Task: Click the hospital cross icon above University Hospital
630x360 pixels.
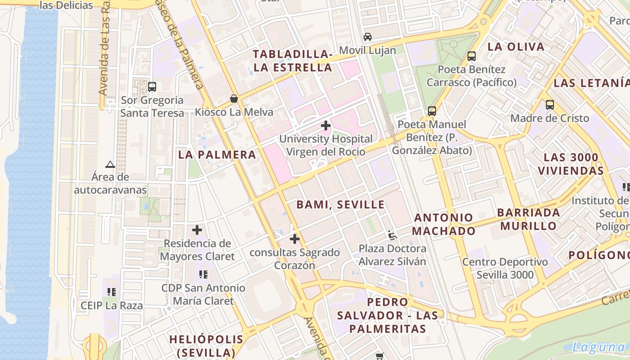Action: pyautogui.click(x=326, y=126)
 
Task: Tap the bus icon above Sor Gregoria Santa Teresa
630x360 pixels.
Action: pyautogui.click(x=152, y=87)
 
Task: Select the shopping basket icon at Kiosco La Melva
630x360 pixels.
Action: pyautogui.click(x=234, y=99)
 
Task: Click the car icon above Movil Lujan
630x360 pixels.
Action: pyautogui.click(x=368, y=37)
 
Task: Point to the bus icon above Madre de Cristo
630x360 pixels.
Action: pyautogui.click(x=549, y=105)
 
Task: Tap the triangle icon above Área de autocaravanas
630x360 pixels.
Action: pyautogui.click(x=110, y=164)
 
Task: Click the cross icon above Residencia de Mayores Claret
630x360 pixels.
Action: pyautogui.click(x=197, y=230)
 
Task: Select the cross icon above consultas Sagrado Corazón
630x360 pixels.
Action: pyautogui.click(x=295, y=239)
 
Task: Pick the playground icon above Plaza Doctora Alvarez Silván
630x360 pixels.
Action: pyautogui.click(x=392, y=235)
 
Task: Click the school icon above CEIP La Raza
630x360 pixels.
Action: pyautogui.click(x=112, y=292)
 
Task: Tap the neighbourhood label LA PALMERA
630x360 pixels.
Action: pyautogui.click(x=217, y=155)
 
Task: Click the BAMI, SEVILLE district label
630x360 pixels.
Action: pyautogui.click(x=340, y=205)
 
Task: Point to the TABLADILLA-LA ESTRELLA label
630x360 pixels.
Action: pyautogui.click(x=292, y=61)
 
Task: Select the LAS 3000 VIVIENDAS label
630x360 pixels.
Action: pyautogui.click(x=571, y=164)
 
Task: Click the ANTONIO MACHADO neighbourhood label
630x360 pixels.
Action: pyautogui.click(x=444, y=224)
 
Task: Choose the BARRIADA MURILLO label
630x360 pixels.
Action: pyautogui.click(x=529, y=219)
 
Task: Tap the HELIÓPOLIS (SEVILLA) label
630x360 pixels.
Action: pyautogui.click(x=206, y=346)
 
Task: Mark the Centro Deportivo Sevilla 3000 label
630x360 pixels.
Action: pyautogui.click(x=505, y=268)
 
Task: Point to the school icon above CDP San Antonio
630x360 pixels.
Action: pyautogui.click(x=203, y=274)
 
